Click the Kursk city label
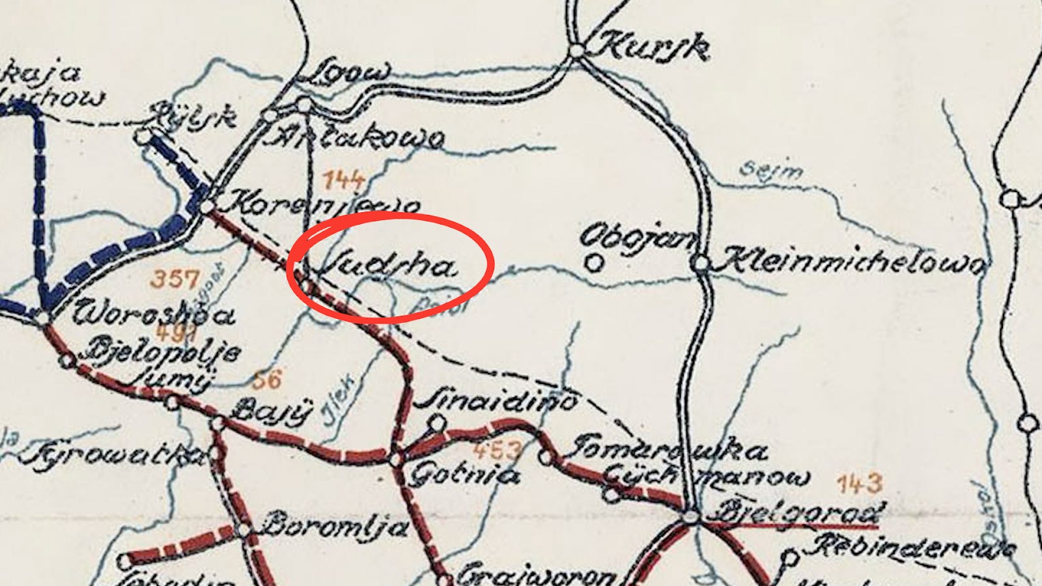pos(653,47)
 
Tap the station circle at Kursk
pos(576,50)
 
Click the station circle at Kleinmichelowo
pos(700,264)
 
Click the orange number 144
pos(344,178)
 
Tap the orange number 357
pos(175,279)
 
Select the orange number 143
pos(859,484)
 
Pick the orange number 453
pos(498,450)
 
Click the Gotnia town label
pos(464,475)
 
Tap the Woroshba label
pos(154,314)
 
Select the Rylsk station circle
pos(143,136)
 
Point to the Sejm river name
pos(771,171)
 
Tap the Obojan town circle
pos(593,263)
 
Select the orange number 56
pos(267,380)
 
